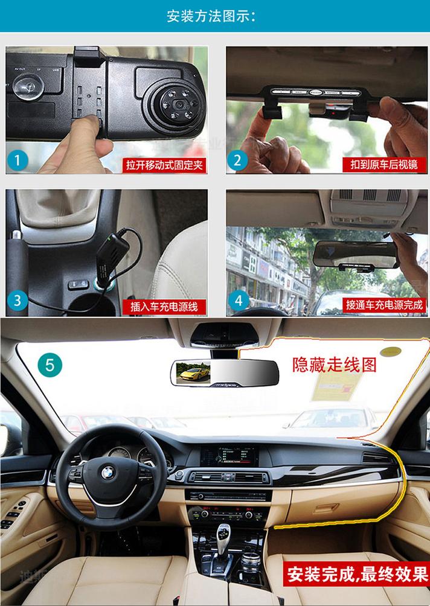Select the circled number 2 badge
pos(237,160)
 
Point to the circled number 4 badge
pos(239,300)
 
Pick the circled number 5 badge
pos(50,365)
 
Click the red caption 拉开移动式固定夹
pos(164,164)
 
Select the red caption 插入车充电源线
pos(164,306)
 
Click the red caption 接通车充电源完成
pos(384,306)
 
